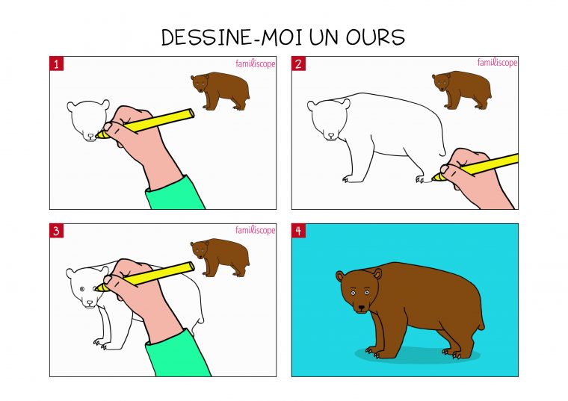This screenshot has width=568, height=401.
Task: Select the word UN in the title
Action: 312,37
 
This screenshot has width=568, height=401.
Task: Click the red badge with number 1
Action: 57,63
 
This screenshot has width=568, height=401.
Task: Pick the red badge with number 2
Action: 298,63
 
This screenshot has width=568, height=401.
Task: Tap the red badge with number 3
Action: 57,231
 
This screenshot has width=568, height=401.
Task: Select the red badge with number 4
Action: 298,231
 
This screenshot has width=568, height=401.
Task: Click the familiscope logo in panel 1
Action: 255,63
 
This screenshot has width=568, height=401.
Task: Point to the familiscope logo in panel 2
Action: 497,63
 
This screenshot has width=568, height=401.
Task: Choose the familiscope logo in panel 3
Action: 255,230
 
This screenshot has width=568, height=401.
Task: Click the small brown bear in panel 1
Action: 220,90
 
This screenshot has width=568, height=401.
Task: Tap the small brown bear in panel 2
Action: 462,90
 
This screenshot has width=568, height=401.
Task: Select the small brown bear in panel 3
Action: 220,256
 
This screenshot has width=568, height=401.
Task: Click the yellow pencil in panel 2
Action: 478,167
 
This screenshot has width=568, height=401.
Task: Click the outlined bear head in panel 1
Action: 87,119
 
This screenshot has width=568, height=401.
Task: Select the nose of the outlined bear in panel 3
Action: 89,303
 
